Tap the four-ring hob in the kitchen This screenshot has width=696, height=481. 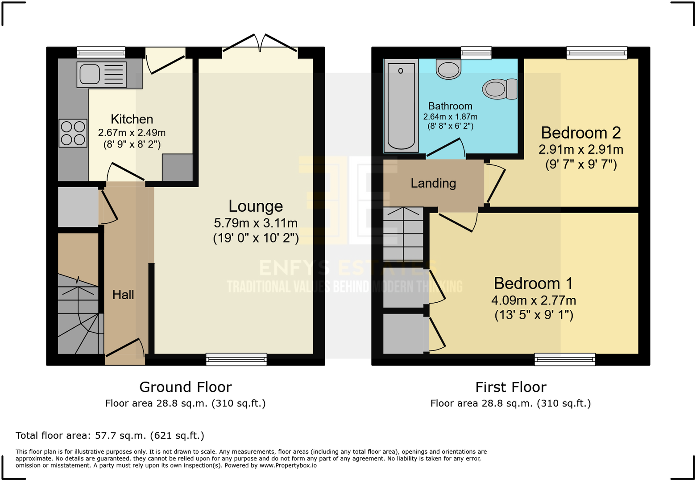[x=73, y=133]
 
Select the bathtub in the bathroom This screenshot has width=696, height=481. [x=401, y=106]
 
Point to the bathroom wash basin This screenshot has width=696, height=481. [x=448, y=70]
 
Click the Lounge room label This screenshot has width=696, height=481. [x=256, y=206]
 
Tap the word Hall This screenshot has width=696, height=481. [x=123, y=295]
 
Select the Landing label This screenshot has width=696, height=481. [x=433, y=183]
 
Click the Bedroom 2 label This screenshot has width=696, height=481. [x=580, y=133]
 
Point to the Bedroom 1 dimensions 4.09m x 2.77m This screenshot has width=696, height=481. [x=534, y=300]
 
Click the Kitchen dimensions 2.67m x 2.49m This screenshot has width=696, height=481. [x=132, y=132]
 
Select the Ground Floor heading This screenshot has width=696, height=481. [x=185, y=387]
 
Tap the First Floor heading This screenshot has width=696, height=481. [x=510, y=387]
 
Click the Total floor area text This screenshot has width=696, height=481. [x=110, y=436]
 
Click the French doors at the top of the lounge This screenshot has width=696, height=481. [x=260, y=45]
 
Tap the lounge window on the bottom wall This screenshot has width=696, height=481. [x=236, y=359]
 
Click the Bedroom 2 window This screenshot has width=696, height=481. [x=597, y=53]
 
